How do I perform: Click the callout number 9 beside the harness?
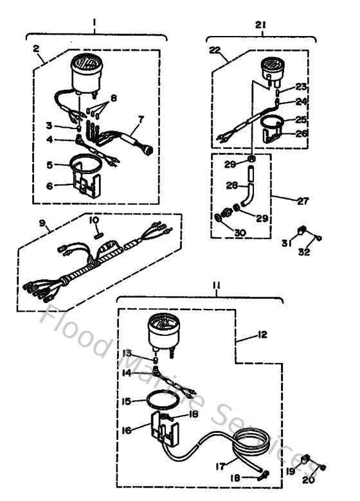(42, 224)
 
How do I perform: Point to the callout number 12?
(262, 334)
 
